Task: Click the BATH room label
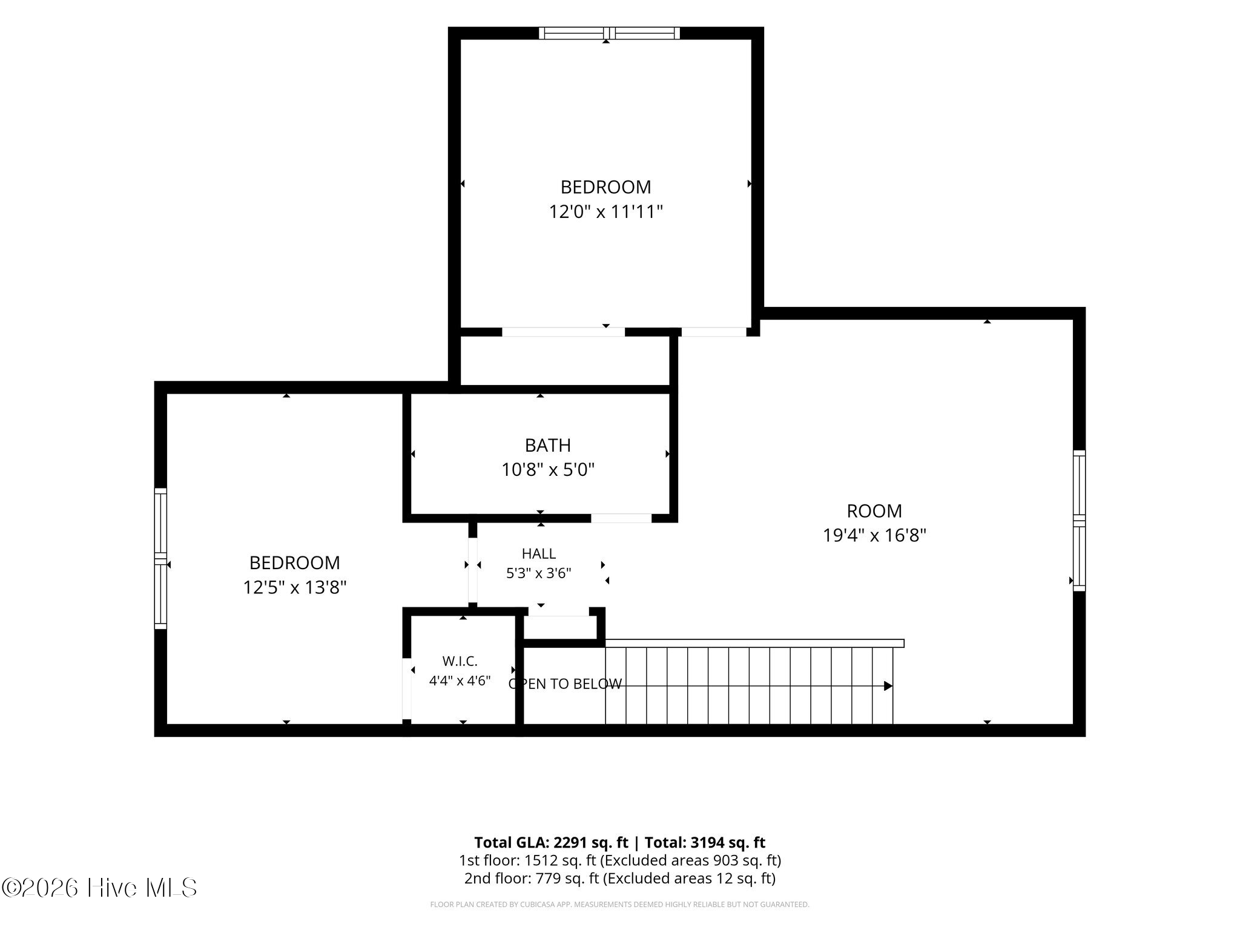tap(547, 446)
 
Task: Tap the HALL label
tap(539, 553)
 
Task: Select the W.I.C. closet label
tap(460, 661)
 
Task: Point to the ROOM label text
tap(874, 511)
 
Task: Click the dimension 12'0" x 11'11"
tap(605, 212)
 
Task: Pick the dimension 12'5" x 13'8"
tap(295, 587)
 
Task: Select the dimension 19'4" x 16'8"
tap(874, 536)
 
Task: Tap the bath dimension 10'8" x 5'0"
tap(548, 470)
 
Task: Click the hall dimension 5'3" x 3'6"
tap(539, 573)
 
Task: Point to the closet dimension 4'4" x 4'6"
tap(460, 681)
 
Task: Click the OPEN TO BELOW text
tap(565, 684)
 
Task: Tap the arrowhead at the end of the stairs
tap(888, 686)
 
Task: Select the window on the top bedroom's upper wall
tap(609, 33)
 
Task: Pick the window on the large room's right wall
tap(1079, 521)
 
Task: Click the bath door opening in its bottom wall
tap(621, 518)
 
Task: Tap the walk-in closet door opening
tap(407, 688)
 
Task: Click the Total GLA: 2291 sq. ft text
tap(552, 842)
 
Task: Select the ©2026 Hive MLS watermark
tap(99, 888)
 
